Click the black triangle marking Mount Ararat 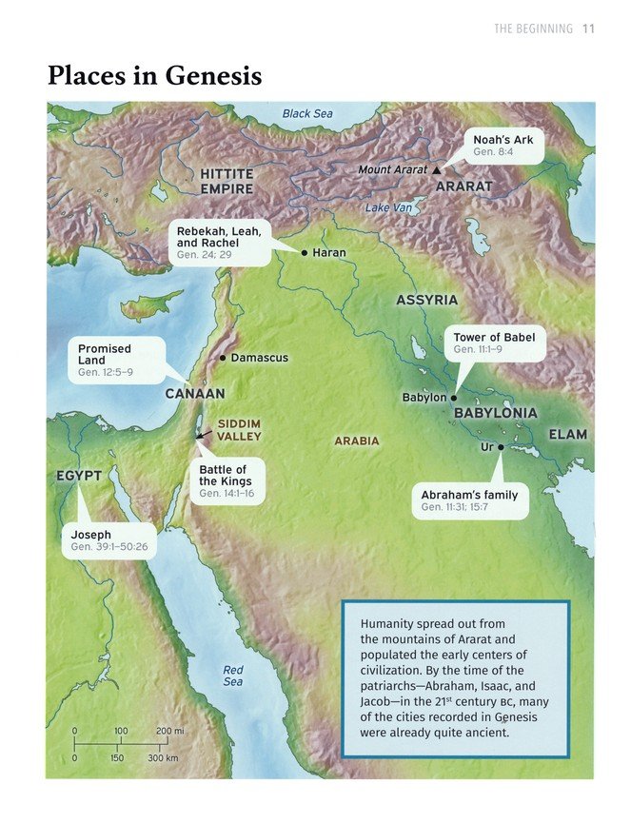coord(436,169)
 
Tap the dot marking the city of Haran coord(304,253)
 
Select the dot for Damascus coord(223,359)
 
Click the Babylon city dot coord(454,398)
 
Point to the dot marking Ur coord(501,446)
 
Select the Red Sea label coord(233,676)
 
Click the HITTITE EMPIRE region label coord(227,182)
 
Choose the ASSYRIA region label coord(426,301)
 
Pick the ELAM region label coord(567,434)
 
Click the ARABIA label coord(356,441)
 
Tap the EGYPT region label coord(78,475)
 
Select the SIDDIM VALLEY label coord(239,430)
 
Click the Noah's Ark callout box coord(503,146)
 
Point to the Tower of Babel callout coord(494,343)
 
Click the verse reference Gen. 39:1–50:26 coord(109,548)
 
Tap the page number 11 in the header coord(588,29)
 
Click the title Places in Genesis coord(154,76)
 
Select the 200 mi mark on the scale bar coord(169,731)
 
